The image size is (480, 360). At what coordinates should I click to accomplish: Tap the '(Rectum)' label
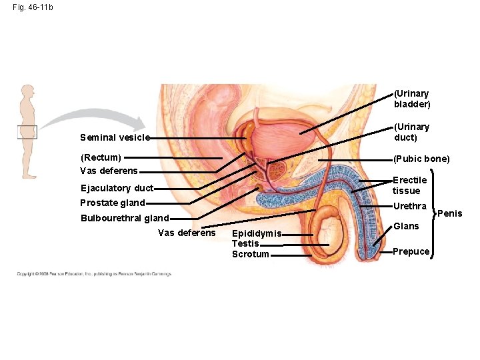pyautogui.click(x=101, y=158)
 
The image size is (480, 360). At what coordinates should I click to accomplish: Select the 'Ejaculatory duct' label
pyautogui.click(x=117, y=188)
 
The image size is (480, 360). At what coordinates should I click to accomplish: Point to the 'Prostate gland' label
pyautogui.click(x=112, y=203)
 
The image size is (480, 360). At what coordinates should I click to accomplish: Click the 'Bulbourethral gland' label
pyautogui.click(x=124, y=218)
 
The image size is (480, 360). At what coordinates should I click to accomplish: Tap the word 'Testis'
pyautogui.click(x=245, y=244)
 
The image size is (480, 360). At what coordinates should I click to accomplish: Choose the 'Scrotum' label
pyautogui.click(x=251, y=254)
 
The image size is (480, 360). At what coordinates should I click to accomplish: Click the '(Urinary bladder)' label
pyautogui.click(x=412, y=99)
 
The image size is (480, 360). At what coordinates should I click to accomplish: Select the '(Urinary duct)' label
pyautogui.click(x=411, y=132)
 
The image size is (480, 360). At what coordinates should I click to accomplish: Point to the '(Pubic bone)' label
pyautogui.click(x=421, y=159)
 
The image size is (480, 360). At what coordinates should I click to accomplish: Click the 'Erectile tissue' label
pyautogui.click(x=409, y=185)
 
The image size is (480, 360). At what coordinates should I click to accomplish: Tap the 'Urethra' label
pyautogui.click(x=409, y=206)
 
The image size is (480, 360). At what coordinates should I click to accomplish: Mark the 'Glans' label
pyautogui.click(x=406, y=226)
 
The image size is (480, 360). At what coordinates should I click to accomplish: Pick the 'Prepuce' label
pyautogui.click(x=411, y=251)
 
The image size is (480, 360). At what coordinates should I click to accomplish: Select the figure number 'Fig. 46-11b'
pyautogui.click(x=33, y=7)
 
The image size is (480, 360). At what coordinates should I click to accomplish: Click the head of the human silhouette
pyautogui.click(x=27, y=91)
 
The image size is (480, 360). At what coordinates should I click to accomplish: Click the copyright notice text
pyautogui.click(x=94, y=273)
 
